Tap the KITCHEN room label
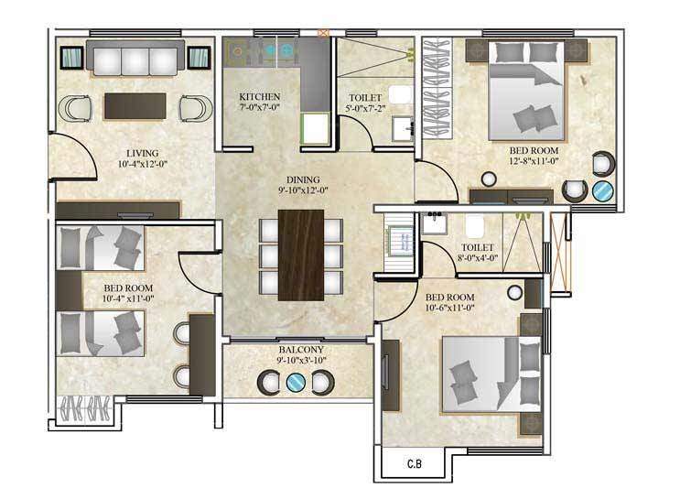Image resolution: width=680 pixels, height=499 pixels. point(259,97)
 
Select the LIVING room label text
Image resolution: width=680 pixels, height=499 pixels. point(143,152)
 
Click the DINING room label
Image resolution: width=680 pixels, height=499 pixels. point(294,179)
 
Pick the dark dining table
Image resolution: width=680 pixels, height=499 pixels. point(299,255)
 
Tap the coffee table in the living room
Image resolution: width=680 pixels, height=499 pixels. point(135,105)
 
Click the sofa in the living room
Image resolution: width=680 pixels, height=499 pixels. point(135,60)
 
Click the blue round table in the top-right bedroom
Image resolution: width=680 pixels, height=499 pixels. point(603,191)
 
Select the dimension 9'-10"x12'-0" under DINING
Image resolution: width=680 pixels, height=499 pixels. point(294,191)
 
